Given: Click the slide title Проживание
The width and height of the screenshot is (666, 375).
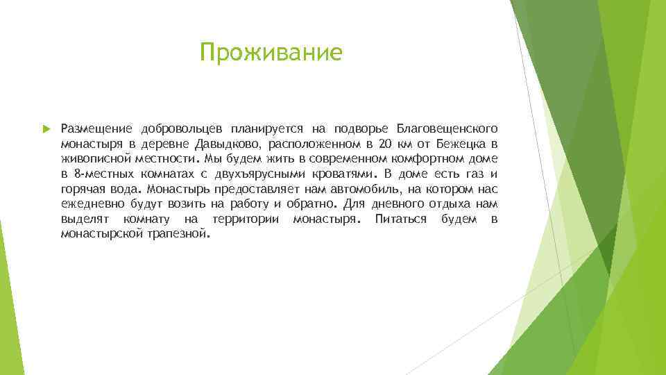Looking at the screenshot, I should (x=271, y=52).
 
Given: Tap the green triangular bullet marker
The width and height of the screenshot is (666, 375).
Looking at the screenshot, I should (x=46, y=129).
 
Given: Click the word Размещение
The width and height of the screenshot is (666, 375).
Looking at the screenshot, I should (x=97, y=129).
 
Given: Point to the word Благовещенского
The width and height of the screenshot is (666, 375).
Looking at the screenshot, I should (x=447, y=129).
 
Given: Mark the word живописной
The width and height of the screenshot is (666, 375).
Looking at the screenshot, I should (x=92, y=160).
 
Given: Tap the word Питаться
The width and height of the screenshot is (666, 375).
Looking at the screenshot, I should (x=400, y=219).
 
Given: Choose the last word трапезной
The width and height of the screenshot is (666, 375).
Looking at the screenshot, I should (x=177, y=235).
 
